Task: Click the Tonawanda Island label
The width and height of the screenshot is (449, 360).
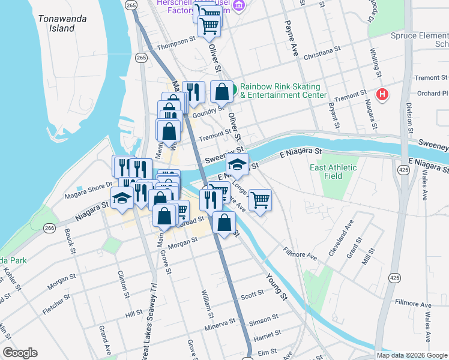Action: pyautogui.click(x=62, y=23)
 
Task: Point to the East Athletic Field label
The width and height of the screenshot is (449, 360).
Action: pyautogui.click(x=334, y=172)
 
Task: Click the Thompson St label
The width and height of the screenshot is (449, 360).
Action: pyautogui.click(x=176, y=46)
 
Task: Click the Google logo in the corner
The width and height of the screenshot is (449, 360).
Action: pyautogui.click(x=20, y=353)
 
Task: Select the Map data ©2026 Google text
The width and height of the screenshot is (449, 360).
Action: pyautogui.click(x=412, y=355)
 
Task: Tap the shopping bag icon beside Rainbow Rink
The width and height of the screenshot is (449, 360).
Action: pyautogui.click(x=221, y=92)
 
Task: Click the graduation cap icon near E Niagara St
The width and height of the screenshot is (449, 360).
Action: pyautogui.click(x=237, y=165)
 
